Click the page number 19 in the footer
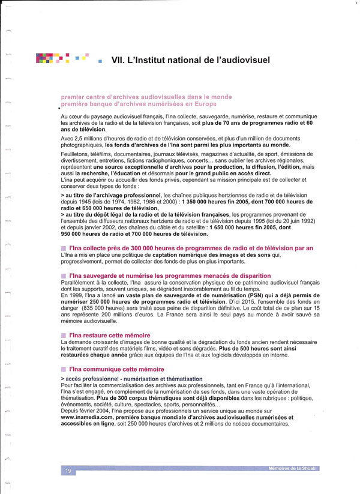pos(68,472)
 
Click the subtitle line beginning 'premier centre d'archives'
pos(146,96)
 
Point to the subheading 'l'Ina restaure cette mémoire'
pos(110,335)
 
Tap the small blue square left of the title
pos(100,61)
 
